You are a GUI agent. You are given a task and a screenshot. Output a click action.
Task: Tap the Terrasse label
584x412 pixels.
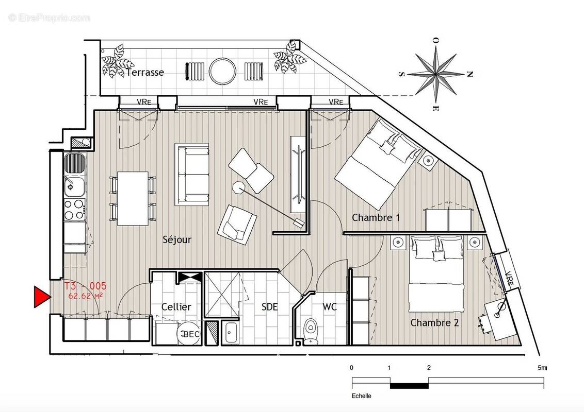pos(145,73)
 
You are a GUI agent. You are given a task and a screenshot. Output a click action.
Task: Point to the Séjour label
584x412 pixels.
pos(177,239)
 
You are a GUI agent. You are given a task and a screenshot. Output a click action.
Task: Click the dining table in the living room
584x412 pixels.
pos(133,198)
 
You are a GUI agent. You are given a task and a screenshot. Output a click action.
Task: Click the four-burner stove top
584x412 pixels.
pos(74,210)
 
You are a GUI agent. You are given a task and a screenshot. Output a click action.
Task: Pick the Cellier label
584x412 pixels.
pos(176,307)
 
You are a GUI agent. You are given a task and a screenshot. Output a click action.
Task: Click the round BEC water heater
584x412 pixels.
pos(188,334)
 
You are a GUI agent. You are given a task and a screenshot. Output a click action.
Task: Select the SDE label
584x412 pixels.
pos(269,307)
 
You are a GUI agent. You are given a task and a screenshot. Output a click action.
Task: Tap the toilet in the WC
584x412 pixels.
pos(311,330)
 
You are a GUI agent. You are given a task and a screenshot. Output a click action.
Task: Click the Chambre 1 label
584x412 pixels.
pos(376,218)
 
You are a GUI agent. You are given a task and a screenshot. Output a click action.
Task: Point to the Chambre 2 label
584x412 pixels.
pos(434,323)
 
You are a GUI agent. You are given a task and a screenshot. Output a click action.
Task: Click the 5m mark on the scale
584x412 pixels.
pos(541,368)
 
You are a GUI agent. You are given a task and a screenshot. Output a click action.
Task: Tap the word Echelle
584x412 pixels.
pos(361,396)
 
